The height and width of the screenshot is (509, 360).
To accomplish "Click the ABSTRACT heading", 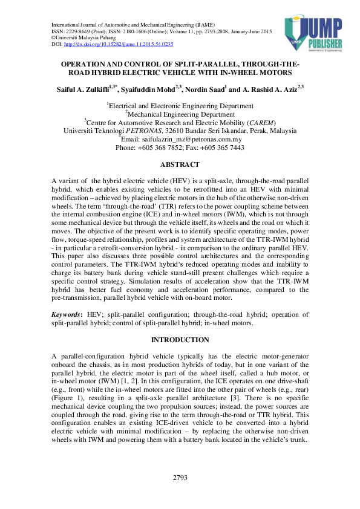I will [x=180, y=164].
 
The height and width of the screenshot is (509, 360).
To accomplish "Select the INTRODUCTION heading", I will [x=180, y=340].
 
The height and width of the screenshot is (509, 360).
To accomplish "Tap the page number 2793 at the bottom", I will [x=180, y=478].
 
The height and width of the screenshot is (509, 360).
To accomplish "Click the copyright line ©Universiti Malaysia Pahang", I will [x=84, y=37].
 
